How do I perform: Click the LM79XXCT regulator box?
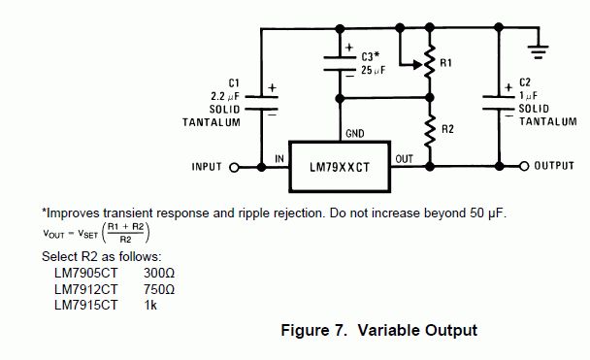340,167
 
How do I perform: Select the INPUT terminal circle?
234,168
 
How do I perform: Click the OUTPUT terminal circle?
524,166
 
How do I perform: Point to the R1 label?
445,63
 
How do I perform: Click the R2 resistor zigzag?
430,131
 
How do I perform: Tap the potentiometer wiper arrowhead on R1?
417,65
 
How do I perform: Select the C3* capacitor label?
371,56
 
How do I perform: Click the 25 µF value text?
374,70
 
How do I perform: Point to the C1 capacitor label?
234,82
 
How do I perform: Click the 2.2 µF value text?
225,96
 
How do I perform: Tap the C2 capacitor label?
525,82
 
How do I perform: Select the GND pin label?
355,134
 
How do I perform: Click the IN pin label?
279,159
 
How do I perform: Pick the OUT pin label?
405,159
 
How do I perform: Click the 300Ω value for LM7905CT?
159,273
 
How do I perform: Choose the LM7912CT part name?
86,289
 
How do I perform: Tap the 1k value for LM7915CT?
150,305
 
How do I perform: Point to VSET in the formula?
87,235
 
